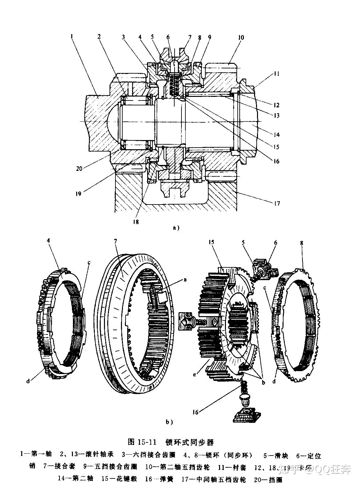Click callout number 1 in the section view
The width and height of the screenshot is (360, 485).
point(71,36)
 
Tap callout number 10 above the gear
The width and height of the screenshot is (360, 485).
point(241,38)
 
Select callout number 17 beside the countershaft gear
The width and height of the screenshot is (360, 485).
point(277,203)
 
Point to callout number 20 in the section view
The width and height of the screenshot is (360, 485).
point(79,168)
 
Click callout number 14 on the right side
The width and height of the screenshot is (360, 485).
point(277,134)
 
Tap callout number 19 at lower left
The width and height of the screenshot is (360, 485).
point(78,193)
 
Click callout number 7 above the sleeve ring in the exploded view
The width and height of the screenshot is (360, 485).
point(115,241)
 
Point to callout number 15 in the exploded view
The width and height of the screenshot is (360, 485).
point(212,242)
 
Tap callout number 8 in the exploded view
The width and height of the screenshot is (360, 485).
point(301,243)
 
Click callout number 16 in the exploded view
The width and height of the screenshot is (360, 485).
point(195,412)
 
